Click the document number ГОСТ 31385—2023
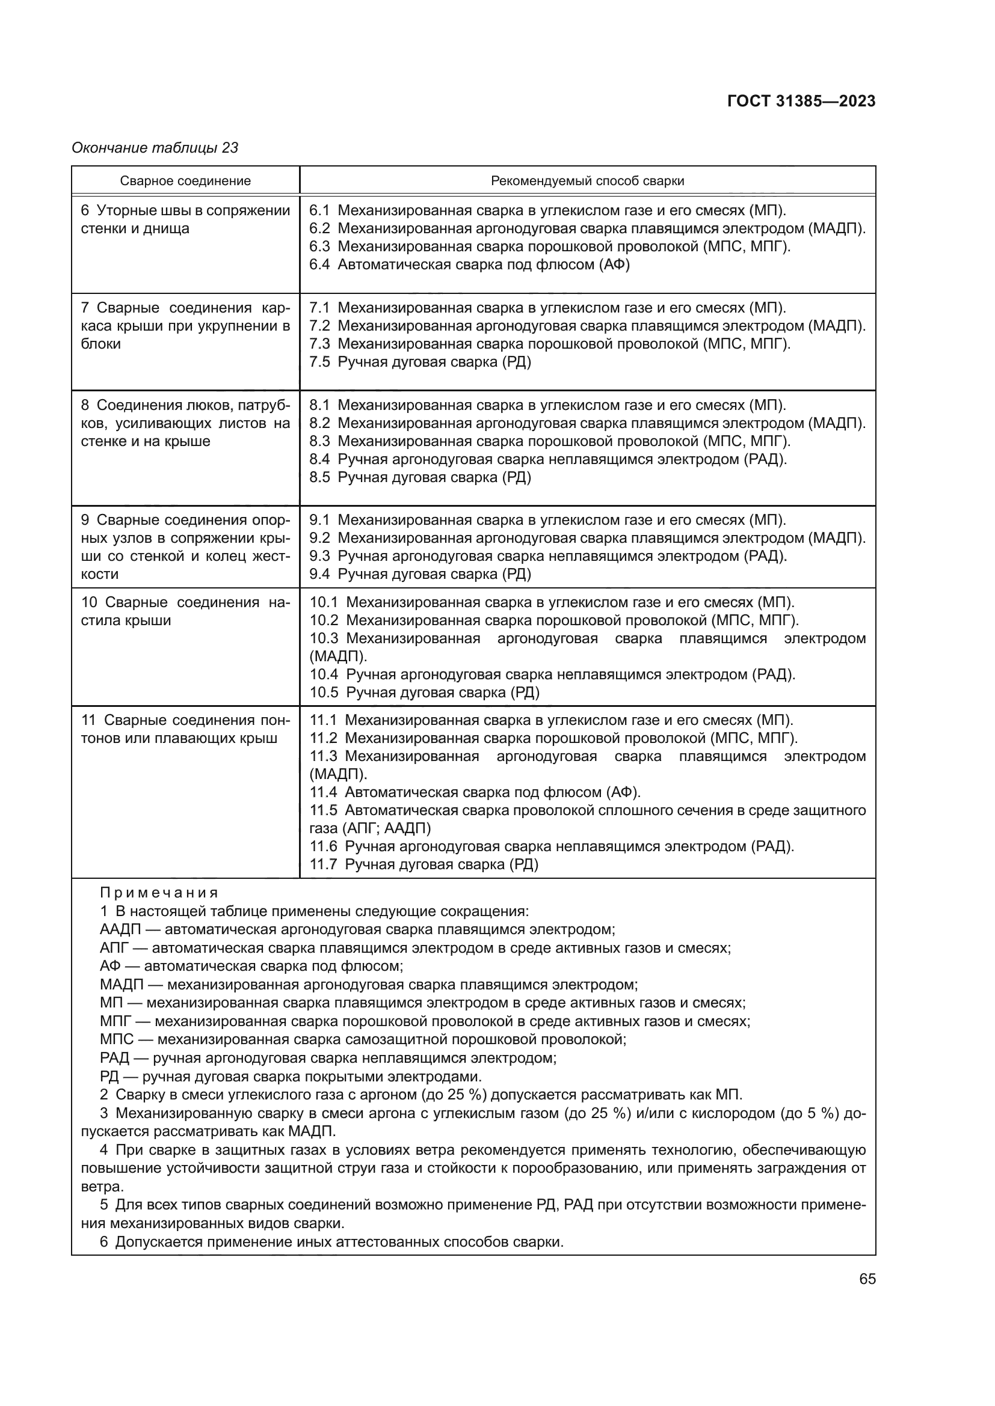pos(801,101)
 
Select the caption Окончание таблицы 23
pos(155,148)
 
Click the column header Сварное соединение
pos(185,181)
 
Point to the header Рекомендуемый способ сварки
pos(587,181)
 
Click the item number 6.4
pos(319,264)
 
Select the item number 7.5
pos(319,362)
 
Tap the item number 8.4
pos(319,459)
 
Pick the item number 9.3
pos(319,556)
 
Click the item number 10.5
pos(324,692)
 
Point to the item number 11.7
pos(323,864)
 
